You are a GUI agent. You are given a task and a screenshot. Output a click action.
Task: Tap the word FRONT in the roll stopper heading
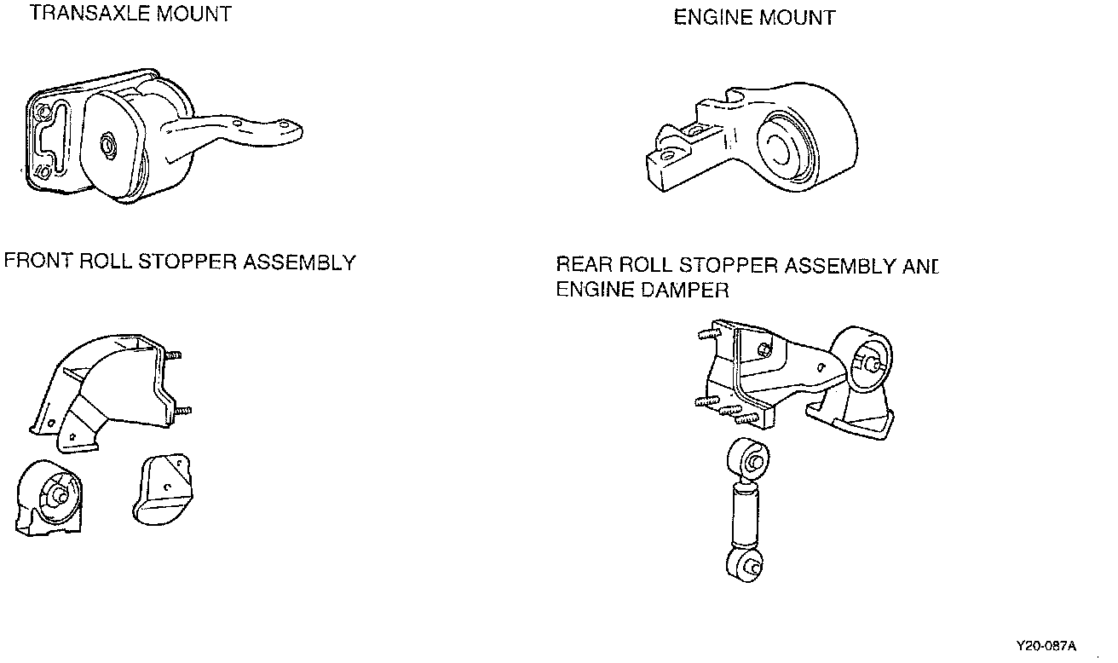click(38, 262)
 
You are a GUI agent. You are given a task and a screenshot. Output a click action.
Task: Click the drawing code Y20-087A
click(1046, 646)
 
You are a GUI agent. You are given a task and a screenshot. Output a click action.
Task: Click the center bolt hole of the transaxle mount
click(108, 144)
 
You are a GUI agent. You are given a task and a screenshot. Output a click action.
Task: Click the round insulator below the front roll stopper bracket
click(53, 496)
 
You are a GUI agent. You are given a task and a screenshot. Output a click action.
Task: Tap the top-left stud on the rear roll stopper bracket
click(706, 335)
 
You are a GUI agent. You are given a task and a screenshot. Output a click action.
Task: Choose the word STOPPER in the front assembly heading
click(188, 262)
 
